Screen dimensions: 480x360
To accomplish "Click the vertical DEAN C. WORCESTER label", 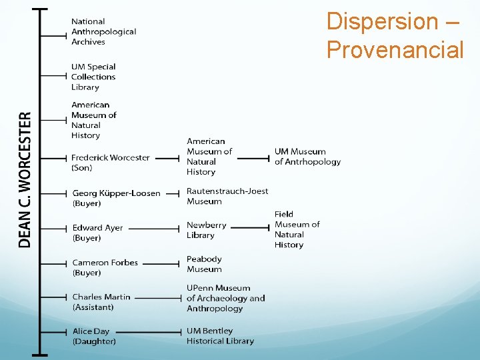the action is click(25, 180).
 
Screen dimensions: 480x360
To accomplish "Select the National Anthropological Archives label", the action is click(103, 31).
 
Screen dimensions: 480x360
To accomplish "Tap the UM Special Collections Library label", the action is click(93, 77).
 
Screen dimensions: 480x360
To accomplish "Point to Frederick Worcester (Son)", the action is click(111, 163).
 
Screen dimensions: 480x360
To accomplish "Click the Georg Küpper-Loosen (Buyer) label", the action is click(116, 198).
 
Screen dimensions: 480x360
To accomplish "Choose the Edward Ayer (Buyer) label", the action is click(97, 233).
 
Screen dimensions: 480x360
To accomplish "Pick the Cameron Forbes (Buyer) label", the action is click(105, 267).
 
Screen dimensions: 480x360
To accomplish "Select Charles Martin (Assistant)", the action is click(101, 302).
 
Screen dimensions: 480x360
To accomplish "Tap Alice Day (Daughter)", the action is click(94, 336).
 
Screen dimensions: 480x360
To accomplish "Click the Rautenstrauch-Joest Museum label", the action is click(227, 196).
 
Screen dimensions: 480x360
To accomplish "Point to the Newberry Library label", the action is click(206, 230).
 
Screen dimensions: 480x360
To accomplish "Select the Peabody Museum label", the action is click(204, 264).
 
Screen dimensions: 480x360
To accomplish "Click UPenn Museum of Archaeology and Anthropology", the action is click(225, 298).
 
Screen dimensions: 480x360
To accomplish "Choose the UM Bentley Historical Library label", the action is click(220, 335).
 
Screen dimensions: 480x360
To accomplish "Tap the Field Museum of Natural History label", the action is click(297, 229).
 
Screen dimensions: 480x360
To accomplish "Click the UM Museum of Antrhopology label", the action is click(307, 157).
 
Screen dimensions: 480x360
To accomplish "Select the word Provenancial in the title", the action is click(395, 49).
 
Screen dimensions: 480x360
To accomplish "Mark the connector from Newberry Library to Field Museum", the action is click(250, 227).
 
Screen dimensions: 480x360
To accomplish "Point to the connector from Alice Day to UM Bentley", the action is click(151, 332).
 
